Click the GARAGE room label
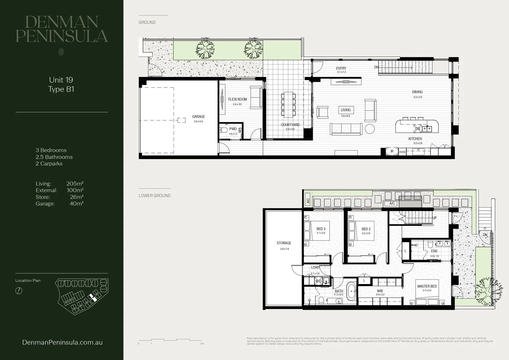pos(198,117)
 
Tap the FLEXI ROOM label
pos(237,99)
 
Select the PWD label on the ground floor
pos(233,129)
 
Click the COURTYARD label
pos(290,125)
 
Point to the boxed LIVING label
pos(345,110)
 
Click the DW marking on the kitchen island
pos(417,128)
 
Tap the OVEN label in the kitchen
pos(402,152)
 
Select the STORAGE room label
pos(283,243)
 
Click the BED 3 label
pos(321,229)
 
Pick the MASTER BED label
pos(427,286)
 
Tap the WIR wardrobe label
pos(380,291)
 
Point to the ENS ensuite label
pos(434,251)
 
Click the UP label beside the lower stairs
pos(434,218)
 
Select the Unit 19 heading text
pos(61,80)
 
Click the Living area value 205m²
pos(75,184)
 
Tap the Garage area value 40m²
pos(76,204)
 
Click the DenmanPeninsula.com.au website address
pos(62,342)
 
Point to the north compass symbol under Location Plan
pos(19,291)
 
